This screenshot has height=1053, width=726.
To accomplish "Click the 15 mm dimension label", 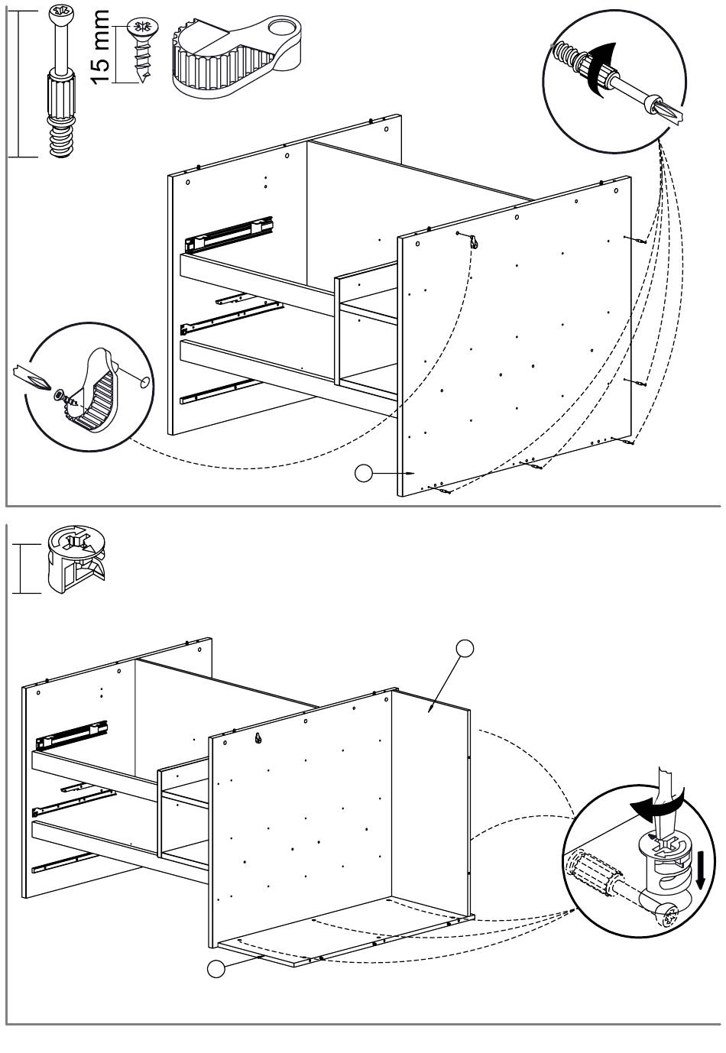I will pyautogui.click(x=102, y=47).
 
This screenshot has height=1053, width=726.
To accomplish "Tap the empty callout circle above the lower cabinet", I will pyautogui.click(x=465, y=648).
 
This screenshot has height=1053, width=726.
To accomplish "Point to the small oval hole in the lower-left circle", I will pyautogui.click(x=144, y=380).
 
